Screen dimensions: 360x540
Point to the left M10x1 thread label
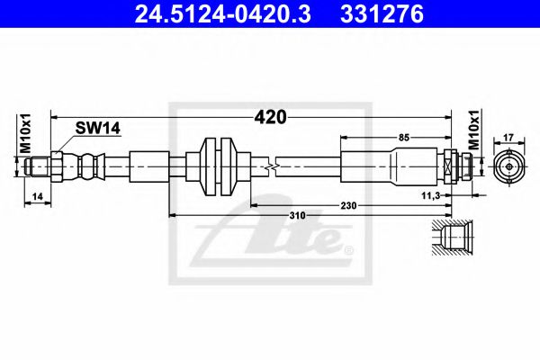[x=26, y=133]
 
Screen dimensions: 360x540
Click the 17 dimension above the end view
[x=509, y=137]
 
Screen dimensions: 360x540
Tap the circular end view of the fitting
[x=509, y=166]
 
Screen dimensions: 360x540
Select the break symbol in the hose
[x=271, y=167]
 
